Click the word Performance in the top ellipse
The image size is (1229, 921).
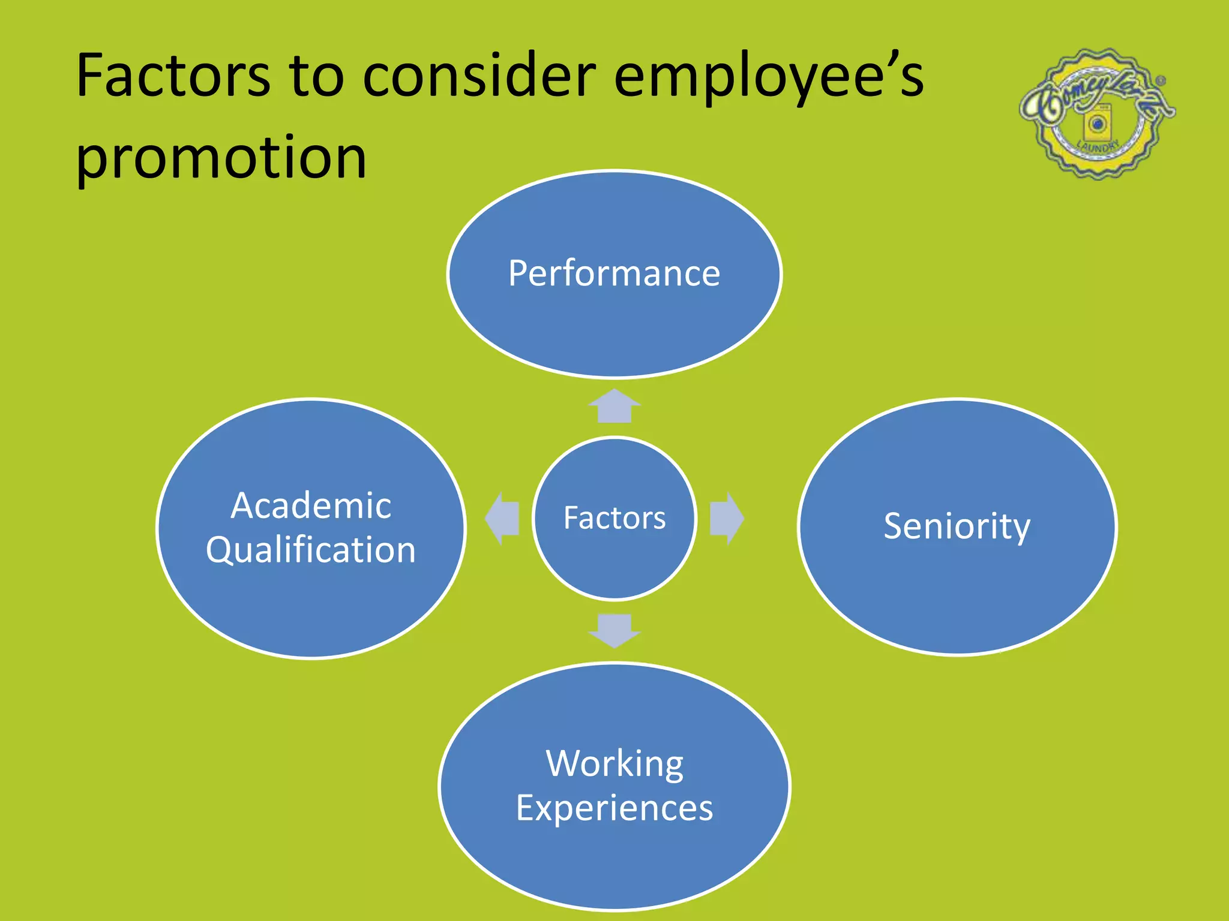(x=614, y=273)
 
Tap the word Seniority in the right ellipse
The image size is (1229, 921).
(x=957, y=526)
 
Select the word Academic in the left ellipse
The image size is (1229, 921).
(x=311, y=505)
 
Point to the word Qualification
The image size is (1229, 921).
(x=311, y=550)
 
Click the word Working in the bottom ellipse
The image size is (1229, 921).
(x=614, y=764)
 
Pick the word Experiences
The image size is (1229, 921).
(x=614, y=808)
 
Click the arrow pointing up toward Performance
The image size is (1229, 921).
(x=614, y=406)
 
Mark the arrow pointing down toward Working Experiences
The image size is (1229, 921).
(x=614, y=630)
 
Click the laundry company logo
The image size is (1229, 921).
(x=1097, y=114)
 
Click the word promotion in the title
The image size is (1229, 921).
(x=221, y=157)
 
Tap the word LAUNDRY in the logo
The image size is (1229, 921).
(x=1098, y=146)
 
